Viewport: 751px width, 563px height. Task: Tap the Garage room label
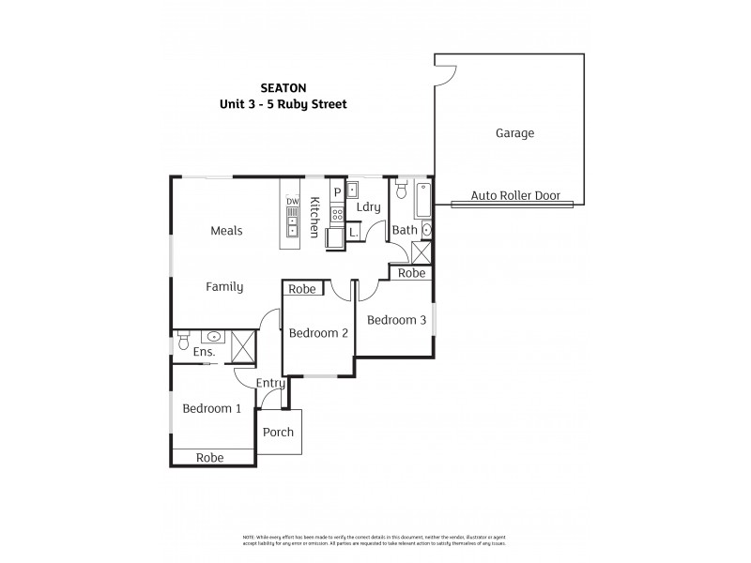coord(514,133)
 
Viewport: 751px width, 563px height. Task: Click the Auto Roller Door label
coord(515,196)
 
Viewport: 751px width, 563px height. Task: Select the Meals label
coord(226,231)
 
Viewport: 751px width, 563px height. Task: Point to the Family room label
coord(224,287)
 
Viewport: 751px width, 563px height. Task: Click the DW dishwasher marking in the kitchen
coord(292,202)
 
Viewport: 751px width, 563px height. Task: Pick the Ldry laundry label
coord(368,206)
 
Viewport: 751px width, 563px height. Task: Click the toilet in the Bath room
coord(402,191)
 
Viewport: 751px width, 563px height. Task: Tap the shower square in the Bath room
coord(421,252)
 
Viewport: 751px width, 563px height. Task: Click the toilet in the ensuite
coord(181,344)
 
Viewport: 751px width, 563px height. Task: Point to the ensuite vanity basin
coord(215,336)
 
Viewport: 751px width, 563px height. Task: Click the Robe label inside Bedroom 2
coord(301,290)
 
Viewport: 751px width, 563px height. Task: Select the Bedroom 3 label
coord(396,320)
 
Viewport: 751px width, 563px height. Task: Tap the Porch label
coord(278,433)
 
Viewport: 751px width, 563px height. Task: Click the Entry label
coord(269,383)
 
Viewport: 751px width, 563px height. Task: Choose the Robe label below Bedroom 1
coord(210,458)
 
